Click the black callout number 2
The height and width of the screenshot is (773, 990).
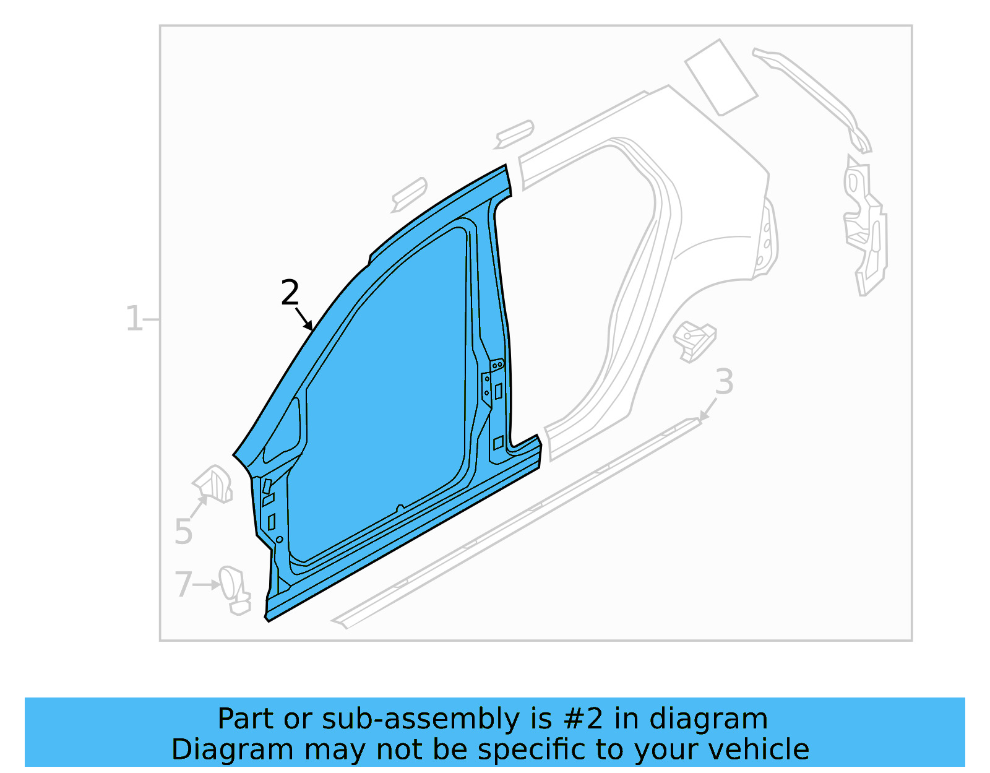click(x=290, y=293)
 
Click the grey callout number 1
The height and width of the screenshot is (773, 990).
click(x=134, y=319)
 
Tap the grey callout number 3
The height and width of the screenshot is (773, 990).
click(x=724, y=382)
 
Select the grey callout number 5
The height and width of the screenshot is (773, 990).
click(x=183, y=532)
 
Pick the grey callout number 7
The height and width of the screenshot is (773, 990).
click(x=183, y=585)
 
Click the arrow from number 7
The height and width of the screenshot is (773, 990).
click(x=207, y=584)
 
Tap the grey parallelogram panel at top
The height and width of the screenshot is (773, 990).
click(x=721, y=78)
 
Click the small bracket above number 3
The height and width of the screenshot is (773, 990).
click(x=694, y=341)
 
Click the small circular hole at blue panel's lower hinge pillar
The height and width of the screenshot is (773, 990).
click(x=279, y=540)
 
